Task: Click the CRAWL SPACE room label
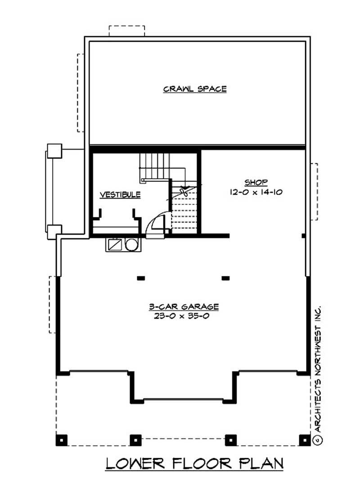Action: [x=194, y=89]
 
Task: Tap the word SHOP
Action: [x=256, y=182]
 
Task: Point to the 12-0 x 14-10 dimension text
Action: [x=256, y=191]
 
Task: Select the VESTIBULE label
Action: [x=120, y=195]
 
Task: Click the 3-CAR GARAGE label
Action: [x=184, y=307]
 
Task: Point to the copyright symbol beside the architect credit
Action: [x=317, y=438]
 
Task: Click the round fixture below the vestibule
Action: [x=131, y=244]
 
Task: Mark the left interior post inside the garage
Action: [x=141, y=278]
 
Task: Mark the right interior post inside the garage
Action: [x=225, y=278]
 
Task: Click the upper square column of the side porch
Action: [x=54, y=150]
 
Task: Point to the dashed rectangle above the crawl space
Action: [x=127, y=31]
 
